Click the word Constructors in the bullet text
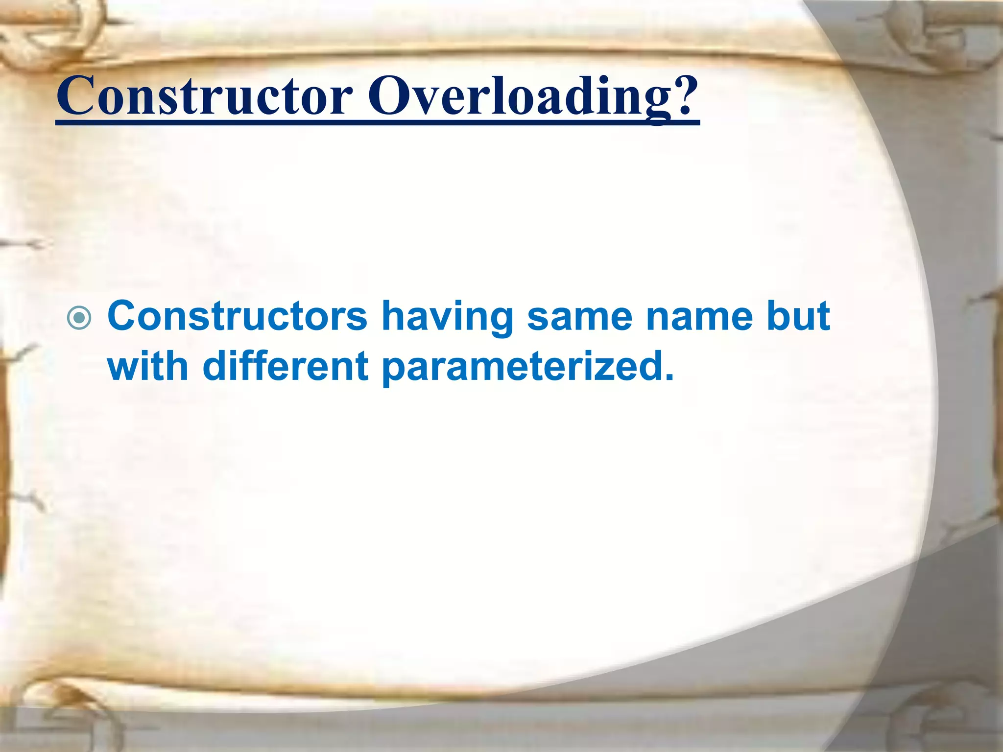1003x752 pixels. click(x=237, y=316)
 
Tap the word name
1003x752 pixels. click(x=699, y=316)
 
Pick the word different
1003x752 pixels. click(x=285, y=366)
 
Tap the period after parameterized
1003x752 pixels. click(x=669, y=377)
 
